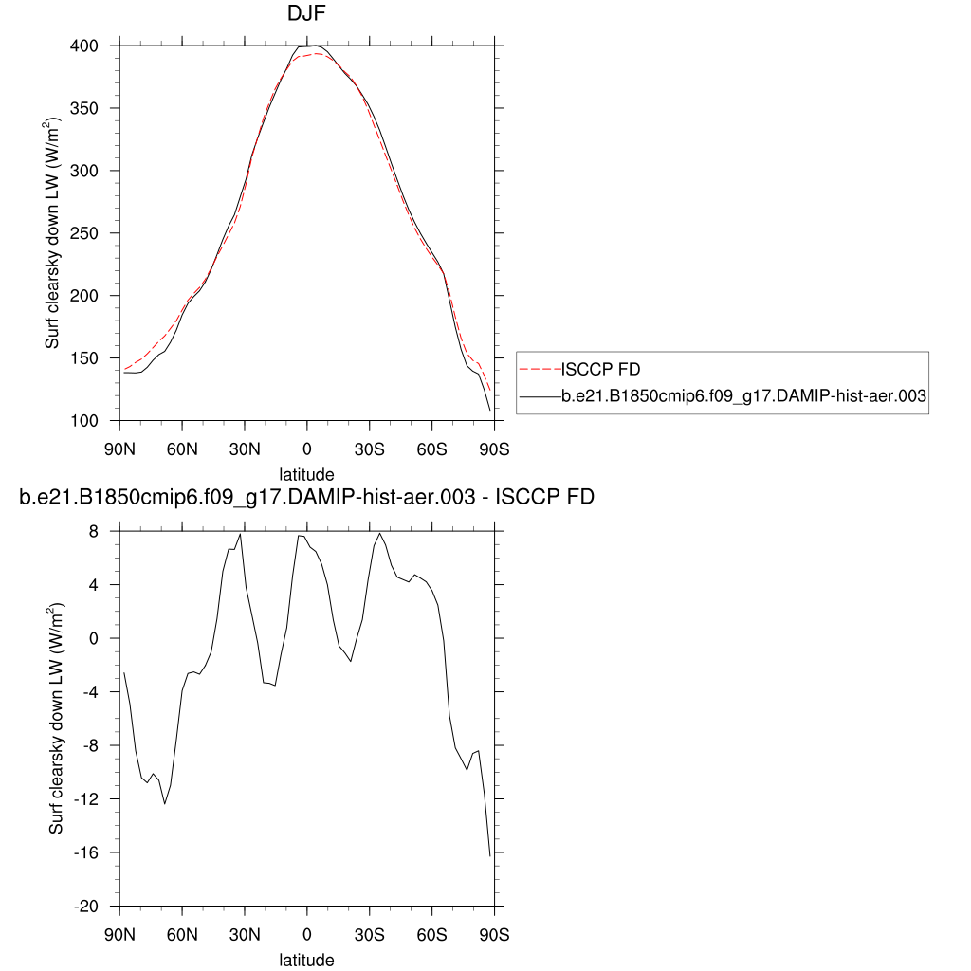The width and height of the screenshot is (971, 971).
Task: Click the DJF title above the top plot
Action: (306, 14)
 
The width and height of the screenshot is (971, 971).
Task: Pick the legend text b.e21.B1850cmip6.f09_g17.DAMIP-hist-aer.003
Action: (743, 398)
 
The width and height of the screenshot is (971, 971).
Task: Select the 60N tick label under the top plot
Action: (181, 448)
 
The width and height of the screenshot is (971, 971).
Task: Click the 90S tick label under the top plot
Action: (494, 448)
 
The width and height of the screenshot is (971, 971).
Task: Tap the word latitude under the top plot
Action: (306, 473)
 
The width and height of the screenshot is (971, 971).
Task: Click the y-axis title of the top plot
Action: (54, 232)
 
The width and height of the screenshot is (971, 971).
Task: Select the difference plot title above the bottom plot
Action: (306, 497)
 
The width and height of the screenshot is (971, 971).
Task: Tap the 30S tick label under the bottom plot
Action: (369, 934)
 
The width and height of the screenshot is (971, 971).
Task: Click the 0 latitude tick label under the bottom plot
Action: (306, 934)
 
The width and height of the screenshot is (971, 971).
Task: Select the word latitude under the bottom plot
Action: (306, 960)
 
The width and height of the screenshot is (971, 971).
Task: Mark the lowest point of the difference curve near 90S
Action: (490, 856)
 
